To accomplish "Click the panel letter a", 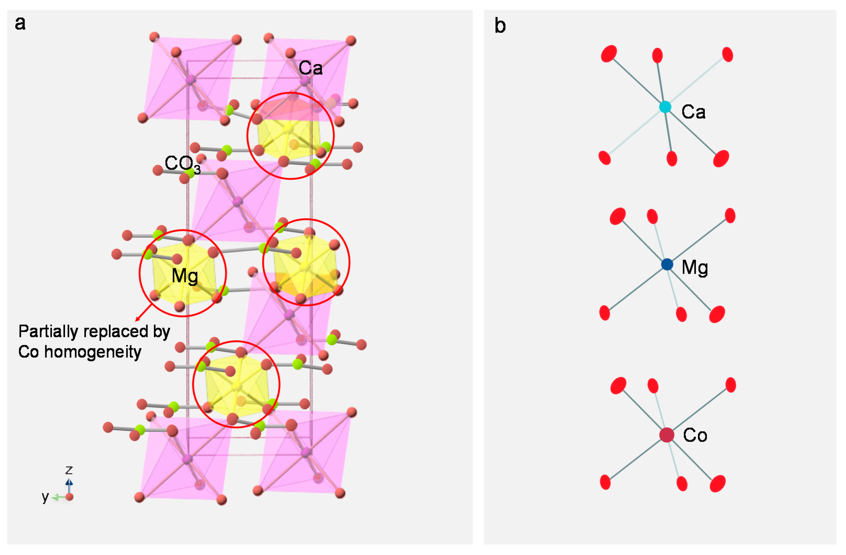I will click(20, 24).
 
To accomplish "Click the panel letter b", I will click(500, 26).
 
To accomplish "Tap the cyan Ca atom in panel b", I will click(665, 107).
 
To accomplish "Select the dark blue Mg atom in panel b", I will click(667, 264).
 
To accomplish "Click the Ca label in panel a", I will click(310, 68).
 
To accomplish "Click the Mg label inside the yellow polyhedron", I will click(184, 276).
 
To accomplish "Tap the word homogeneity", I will click(93, 352).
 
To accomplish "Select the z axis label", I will click(69, 470).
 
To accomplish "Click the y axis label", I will click(45, 496).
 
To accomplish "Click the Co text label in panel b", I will click(695, 435).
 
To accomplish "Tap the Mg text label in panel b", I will click(695, 268).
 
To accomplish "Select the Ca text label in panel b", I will click(693, 112).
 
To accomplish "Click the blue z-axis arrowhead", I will click(69, 482).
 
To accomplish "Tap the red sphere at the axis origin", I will click(69, 497).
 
